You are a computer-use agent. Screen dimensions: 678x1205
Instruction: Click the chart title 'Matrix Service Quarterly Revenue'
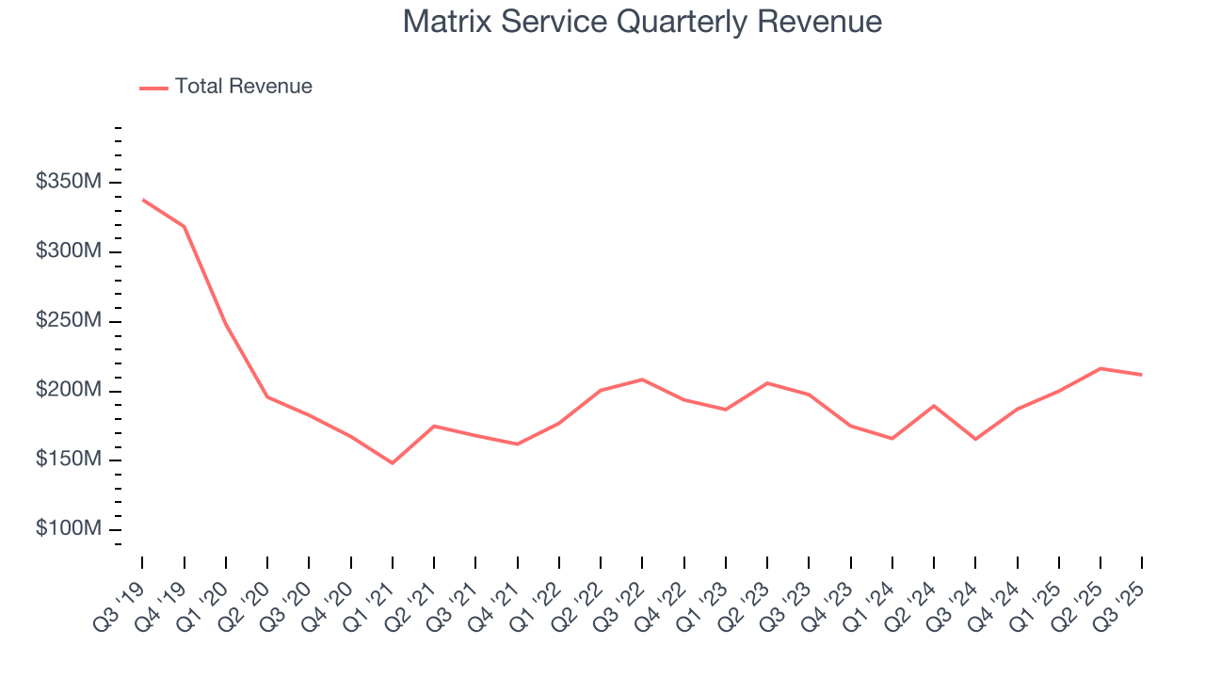[642, 22]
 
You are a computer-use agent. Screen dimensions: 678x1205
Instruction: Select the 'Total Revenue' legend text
[243, 87]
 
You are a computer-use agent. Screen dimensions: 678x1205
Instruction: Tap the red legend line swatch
[153, 88]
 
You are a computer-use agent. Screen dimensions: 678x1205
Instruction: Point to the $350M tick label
[68, 183]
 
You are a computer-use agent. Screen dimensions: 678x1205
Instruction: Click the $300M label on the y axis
[68, 252]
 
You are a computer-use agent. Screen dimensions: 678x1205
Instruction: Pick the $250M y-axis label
[68, 321]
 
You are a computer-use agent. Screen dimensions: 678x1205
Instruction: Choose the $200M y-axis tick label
[68, 391]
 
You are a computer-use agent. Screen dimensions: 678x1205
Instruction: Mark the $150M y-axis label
[68, 460]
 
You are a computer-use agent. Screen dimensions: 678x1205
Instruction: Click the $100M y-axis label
[68, 529]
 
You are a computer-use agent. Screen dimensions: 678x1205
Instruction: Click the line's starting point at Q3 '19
[142, 200]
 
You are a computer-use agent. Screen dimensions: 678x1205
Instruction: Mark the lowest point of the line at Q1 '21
[393, 463]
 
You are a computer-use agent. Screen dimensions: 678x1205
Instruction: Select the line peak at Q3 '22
[642, 379]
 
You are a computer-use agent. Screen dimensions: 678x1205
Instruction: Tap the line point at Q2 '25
[1101, 368]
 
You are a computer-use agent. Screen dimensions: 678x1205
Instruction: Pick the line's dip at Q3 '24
[975, 439]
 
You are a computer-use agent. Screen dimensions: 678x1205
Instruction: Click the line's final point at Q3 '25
[1142, 375]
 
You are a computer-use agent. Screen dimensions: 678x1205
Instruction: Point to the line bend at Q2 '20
[267, 396]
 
